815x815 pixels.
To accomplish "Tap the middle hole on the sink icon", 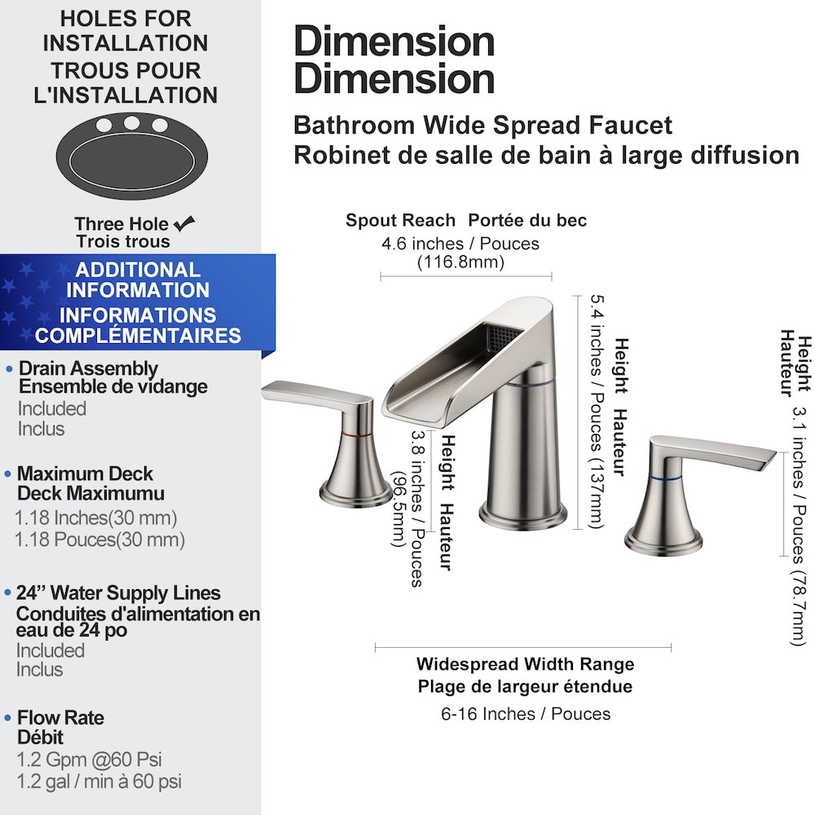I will tap(132, 123).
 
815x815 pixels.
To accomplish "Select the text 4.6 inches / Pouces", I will tap(460, 244).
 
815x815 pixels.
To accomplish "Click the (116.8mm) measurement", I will tap(460, 262).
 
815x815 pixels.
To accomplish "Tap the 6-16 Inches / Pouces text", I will tap(526, 714).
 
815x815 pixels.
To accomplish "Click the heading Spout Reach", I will tap(400, 220).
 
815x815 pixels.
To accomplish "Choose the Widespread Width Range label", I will tap(525, 664).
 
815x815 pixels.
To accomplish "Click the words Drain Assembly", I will tap(88, 369).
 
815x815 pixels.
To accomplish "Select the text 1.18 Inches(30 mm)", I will tap(96, 518).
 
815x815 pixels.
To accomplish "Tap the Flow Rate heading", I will tap(60, 718).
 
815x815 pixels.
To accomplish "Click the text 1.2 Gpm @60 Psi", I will tap(90, 760).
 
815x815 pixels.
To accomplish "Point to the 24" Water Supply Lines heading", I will tap(118, 593).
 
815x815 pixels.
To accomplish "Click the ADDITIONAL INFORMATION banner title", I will tap(138, 280).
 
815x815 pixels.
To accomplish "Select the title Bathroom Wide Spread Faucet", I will tap(482, 126).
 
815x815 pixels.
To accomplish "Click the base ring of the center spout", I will tap(522, 514).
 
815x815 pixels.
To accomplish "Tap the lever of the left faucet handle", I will tap(314, 395).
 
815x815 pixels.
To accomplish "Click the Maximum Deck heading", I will tap(85, 474).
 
